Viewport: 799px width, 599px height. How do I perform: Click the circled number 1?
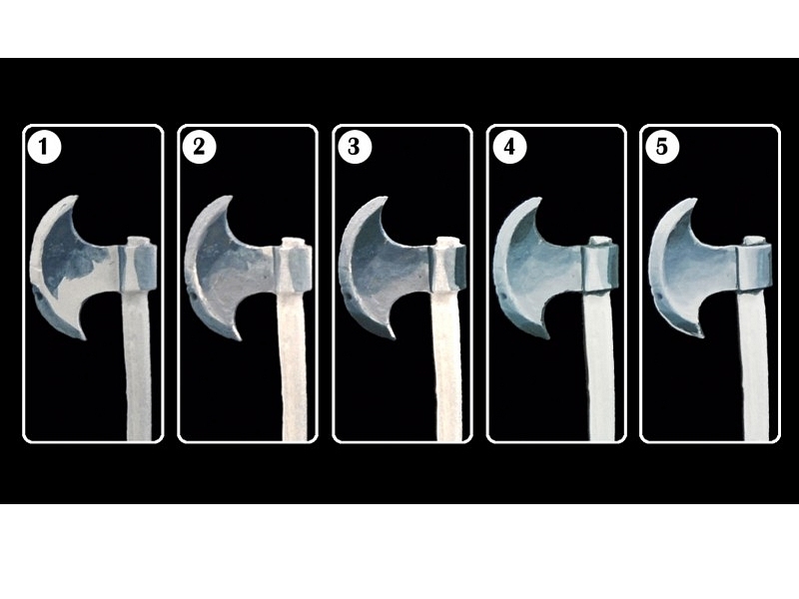click(x=44, y=148)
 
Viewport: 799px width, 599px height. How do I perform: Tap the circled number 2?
click(x=199, y=147)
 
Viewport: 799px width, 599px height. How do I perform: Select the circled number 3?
click(x=355, y=147)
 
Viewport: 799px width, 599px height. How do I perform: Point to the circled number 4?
click(x=509, y=147)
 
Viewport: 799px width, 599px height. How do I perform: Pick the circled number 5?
click(x=661, y=147)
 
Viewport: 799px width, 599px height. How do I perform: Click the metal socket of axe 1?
click(x=138, y=268)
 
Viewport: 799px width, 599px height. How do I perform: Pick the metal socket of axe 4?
click(x=600, y=269)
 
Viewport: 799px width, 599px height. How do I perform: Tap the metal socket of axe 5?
click(x=754, y=268)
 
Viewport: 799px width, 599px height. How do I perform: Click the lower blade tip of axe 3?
click(x=393, y=337)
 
